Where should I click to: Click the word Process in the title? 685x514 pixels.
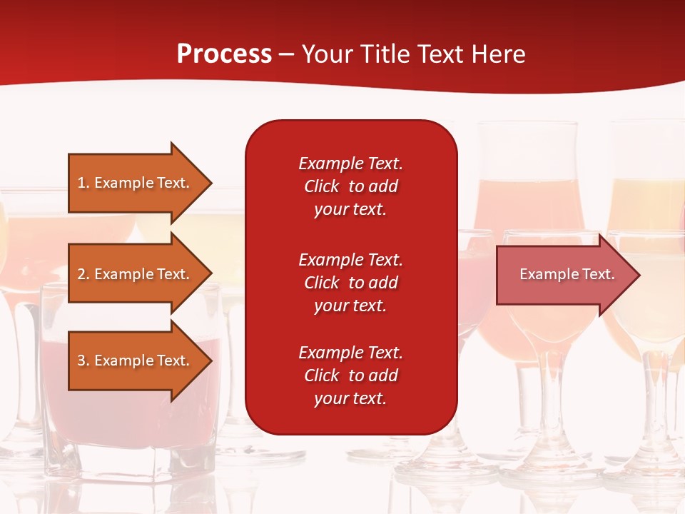[x=224, y=54]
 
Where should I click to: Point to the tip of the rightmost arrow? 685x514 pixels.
[x=639, y=275]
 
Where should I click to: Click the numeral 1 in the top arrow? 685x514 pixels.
[x=81, y=183]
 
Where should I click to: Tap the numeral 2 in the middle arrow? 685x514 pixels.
[x=81, y=274]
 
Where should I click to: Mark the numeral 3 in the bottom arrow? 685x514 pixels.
[x=81, y=361]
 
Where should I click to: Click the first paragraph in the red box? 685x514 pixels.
[x=350, y=186]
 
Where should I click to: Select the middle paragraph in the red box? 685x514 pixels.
[x=350, y=283]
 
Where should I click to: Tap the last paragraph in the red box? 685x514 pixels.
[x=350, y=376]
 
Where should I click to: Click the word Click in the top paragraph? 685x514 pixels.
[x=321, y=186]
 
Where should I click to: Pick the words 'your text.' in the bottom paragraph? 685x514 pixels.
[x=350, y=398]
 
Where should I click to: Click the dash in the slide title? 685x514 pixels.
[x=286, y=55]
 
